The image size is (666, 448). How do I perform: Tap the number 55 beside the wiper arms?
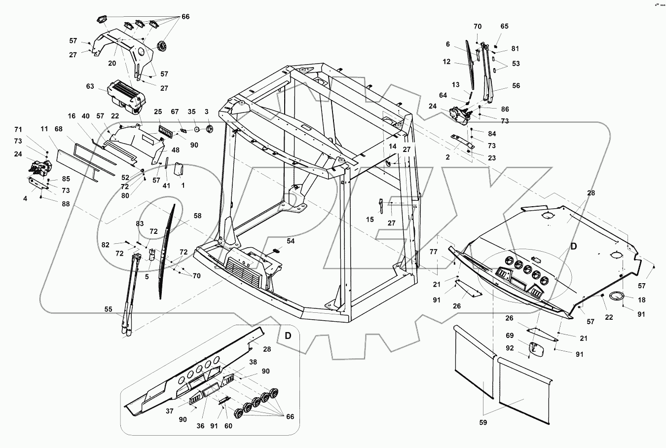click(x=109, y=309)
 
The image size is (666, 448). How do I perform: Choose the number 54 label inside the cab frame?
click(x=291, y=241)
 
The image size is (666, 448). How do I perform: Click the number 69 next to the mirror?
click(x=510, y=336)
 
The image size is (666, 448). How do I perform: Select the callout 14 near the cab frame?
click(x=392, y=147)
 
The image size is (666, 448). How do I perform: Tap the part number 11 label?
click(x=44, y=130)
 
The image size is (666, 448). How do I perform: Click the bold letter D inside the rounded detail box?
click(x=288, y=336)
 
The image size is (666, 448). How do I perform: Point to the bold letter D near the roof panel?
click(x=574, y=246)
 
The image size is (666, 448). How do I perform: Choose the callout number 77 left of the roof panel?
click(x=433, y=252)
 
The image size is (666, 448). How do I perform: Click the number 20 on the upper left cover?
click(x=112, y=63)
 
